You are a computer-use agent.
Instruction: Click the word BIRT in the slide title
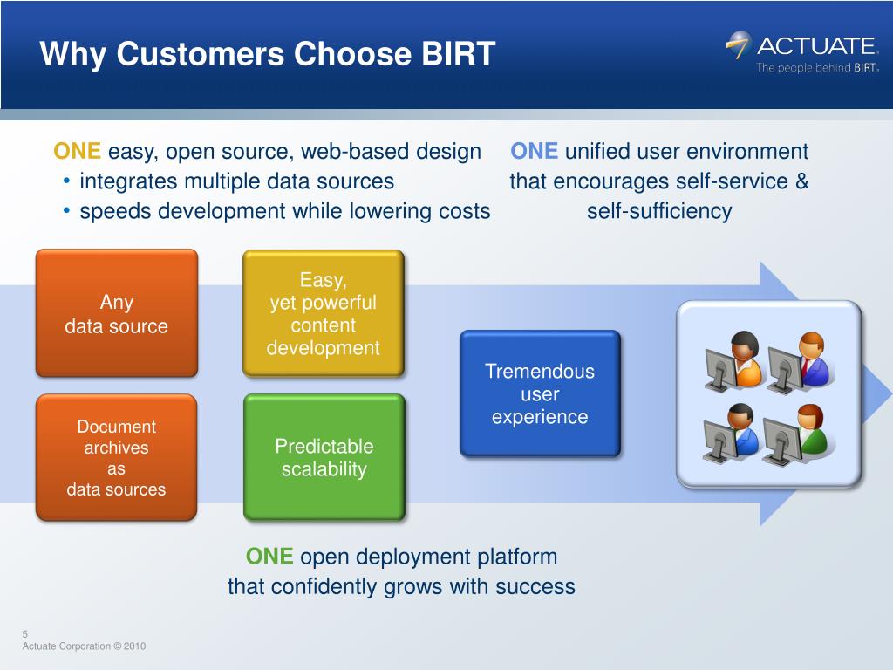459,54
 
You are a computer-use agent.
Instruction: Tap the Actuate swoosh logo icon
739,45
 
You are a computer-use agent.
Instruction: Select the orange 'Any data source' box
117,313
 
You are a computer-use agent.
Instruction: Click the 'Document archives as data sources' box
116,457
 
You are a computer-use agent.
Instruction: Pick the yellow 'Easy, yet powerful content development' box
324,313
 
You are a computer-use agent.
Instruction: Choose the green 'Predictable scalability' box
324,457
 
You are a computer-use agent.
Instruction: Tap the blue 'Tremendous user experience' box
540,393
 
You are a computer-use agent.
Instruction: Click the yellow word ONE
77,152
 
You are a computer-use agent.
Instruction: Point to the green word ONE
269,557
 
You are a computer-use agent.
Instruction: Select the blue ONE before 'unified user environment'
535,152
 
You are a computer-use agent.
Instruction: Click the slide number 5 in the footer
25,634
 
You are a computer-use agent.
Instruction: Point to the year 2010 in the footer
135,646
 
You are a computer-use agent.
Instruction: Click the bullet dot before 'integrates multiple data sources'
66,181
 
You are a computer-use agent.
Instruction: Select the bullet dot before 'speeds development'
66,211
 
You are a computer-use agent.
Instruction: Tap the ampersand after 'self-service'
801,181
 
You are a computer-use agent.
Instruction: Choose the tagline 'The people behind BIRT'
817,68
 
